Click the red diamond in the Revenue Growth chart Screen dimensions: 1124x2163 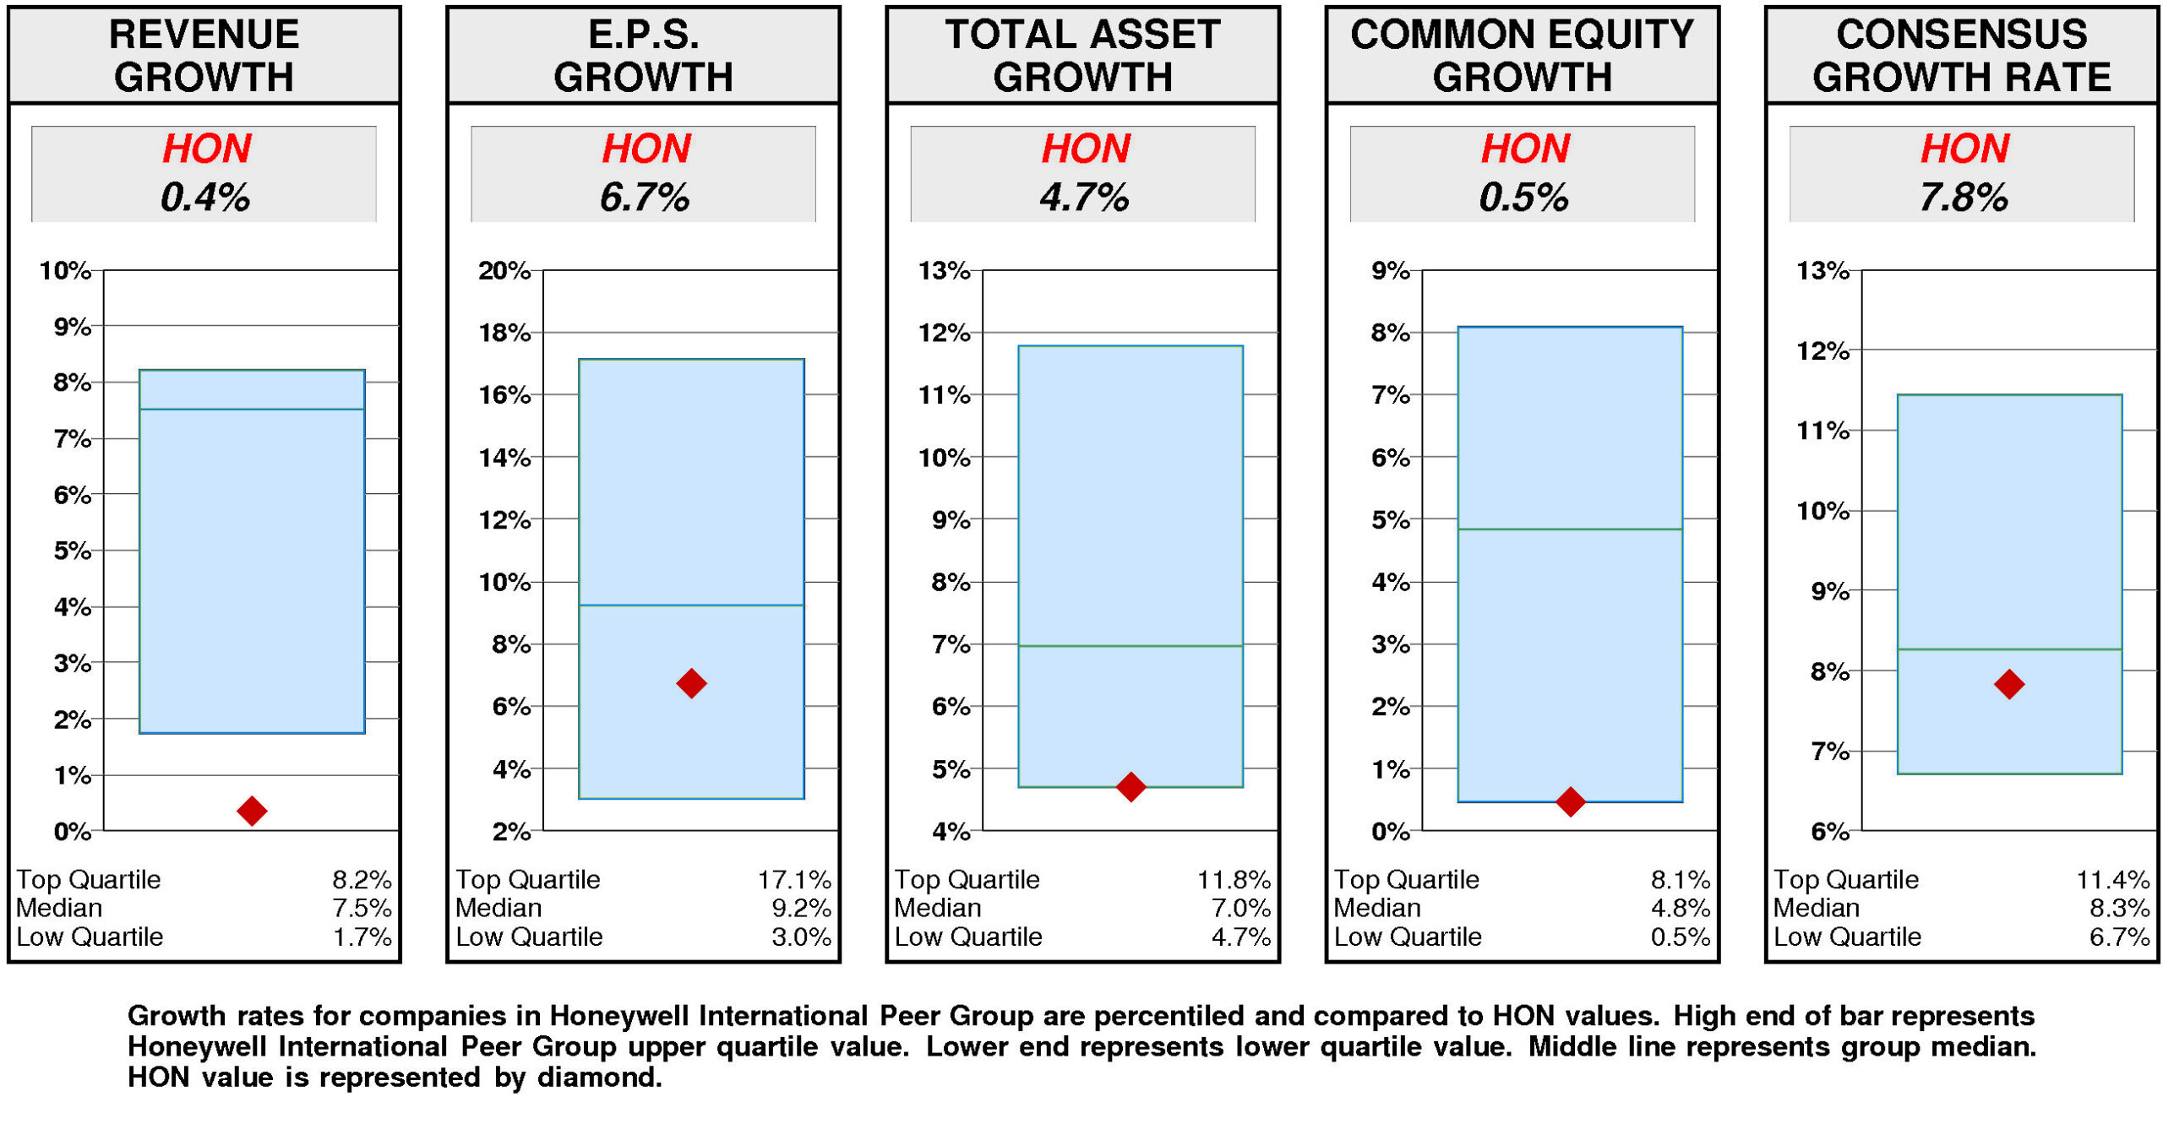252,811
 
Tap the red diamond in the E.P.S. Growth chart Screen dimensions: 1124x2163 691,683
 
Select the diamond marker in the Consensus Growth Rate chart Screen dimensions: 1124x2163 2008,684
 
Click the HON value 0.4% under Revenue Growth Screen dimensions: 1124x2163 205,198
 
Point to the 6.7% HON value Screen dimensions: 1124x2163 645,198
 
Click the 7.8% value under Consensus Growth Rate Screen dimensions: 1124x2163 1963,198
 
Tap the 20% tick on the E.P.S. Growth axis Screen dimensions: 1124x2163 504,271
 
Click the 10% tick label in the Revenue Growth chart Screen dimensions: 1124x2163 65,271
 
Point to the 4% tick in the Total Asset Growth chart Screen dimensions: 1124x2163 951,832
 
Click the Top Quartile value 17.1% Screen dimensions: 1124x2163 794,880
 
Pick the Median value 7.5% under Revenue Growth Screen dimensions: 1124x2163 362,909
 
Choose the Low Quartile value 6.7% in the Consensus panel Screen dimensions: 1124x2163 2119,937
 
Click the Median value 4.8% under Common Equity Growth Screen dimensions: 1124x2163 1680,909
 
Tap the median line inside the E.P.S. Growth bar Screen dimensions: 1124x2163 691,605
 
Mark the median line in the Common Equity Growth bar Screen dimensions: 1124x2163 1570,529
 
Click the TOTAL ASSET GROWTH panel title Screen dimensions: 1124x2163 1082,56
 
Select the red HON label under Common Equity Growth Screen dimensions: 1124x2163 1525,149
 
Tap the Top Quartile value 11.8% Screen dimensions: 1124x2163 1234,880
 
